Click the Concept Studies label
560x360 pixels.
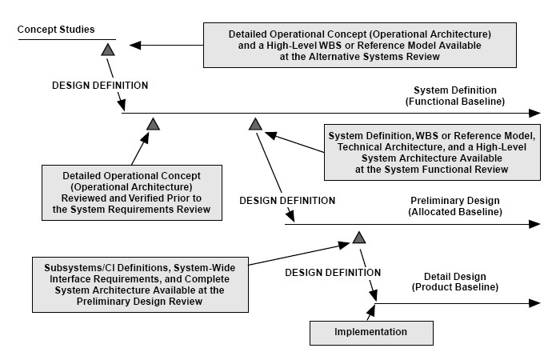(x=56, y=30)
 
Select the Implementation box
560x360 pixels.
(x=371, y=333)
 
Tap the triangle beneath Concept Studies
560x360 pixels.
(x=108, y=50)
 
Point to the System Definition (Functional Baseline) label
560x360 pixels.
(x=455, y=96)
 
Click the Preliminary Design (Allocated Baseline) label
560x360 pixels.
(x=455, y=206)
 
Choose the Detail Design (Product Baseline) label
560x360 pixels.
(x=455, y=282)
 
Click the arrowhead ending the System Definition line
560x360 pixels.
(x=534, y=114)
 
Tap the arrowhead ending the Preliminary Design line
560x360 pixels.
(x=534, y=224)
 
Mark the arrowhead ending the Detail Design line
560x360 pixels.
(x=534, y=303)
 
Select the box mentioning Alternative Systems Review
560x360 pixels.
(x=360, y=46)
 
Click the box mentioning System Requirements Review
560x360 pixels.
(x=132, y=193)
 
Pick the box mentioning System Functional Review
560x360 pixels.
(x=432, y=153)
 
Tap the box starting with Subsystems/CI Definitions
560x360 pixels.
(x=140, y=285)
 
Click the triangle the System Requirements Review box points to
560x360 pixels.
(x=154, y=124)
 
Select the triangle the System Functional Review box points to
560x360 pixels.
(x=255, y=124)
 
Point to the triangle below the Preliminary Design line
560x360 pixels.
(x=359, y=237)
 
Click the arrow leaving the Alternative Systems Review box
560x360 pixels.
(x=166, y=46)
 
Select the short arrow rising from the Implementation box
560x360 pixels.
(x=370, y=313)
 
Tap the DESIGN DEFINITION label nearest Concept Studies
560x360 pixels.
(x=100, y=86)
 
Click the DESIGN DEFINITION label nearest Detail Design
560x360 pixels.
(x=333, y=273)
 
